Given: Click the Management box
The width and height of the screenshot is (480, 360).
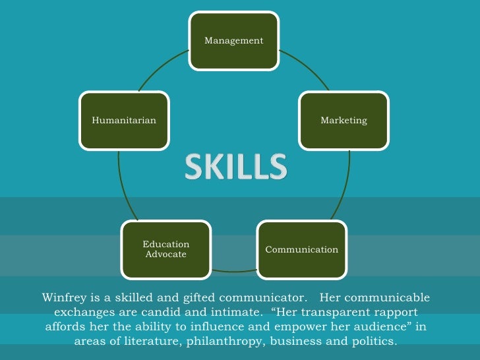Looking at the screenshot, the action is (x=234, y=41).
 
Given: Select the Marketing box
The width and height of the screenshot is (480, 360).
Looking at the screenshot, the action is (x=344, y=121).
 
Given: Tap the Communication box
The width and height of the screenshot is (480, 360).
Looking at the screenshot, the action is (x=301, y=249).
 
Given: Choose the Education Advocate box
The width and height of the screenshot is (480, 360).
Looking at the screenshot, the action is (x=165, y=249).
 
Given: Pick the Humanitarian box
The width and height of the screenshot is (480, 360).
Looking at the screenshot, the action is (x=124, y=121).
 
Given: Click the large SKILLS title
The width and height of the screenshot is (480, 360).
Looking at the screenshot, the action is (x=235, y=167).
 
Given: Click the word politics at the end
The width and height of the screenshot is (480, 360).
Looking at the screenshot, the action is (x=375, y=342).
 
